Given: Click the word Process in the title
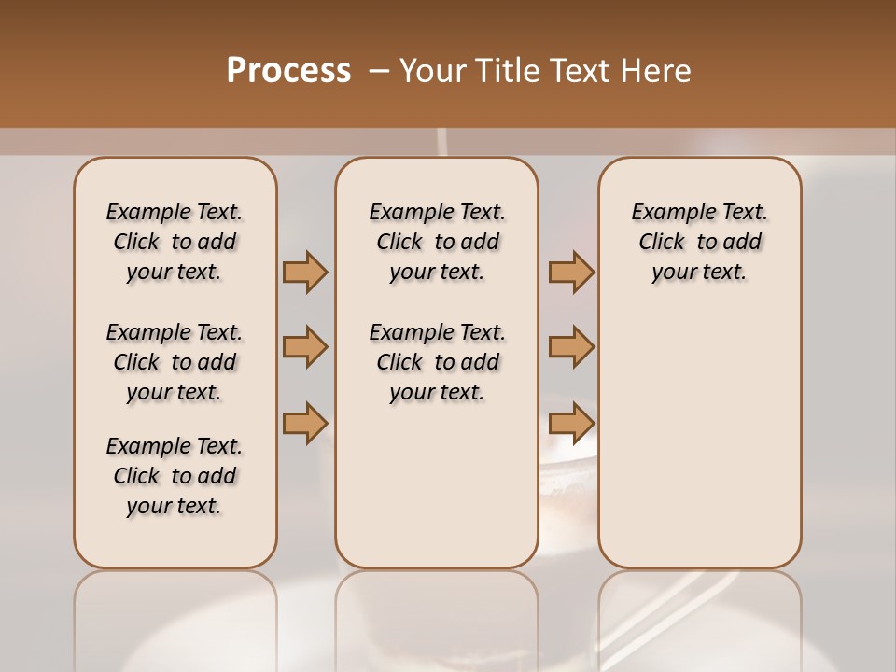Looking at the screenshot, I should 288,70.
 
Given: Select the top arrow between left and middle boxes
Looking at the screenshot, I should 305,272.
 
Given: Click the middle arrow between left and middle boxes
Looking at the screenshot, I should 305,347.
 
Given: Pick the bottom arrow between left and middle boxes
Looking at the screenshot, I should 305,423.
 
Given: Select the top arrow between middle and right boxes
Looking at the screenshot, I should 571,272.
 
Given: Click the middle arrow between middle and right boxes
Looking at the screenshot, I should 571,347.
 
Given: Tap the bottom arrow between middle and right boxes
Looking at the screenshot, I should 571,423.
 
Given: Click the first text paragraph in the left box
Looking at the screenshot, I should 175,242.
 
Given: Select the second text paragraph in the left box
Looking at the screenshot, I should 175,362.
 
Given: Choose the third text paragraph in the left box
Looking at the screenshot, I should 175,476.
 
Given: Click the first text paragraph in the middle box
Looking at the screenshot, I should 437,242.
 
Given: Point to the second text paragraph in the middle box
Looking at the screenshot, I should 437,362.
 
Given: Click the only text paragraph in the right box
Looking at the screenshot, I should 700,242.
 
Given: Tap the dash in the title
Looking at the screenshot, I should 379,71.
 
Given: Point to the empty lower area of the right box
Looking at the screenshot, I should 700,429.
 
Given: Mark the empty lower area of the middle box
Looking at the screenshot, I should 437,485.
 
